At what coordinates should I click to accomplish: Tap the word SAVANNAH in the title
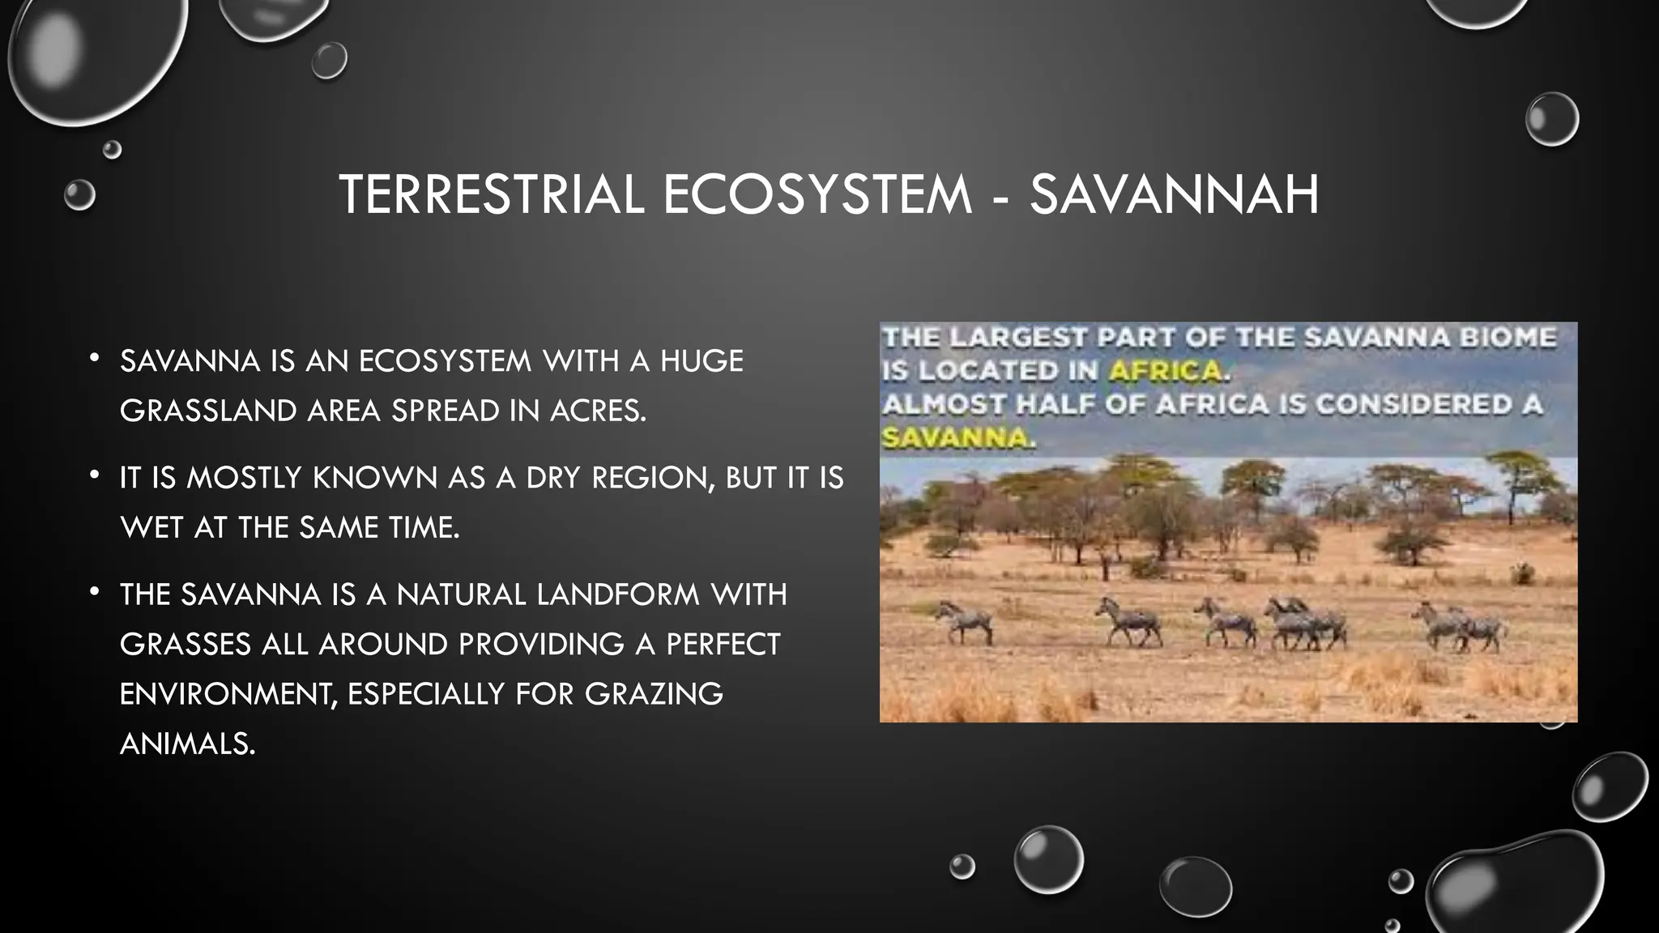tap(1174, 195)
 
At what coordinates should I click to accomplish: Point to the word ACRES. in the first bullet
tap(599, 411)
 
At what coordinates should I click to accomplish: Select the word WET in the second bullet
tap(151, 528)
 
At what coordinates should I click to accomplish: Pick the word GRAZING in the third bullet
tap(654, 694)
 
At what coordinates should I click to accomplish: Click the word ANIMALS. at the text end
tap(187, 743)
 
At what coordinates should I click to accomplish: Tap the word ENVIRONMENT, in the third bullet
tap(228, 694)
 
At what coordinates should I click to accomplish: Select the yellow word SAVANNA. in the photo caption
tap(958, 438)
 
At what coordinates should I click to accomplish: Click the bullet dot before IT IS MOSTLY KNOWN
tap(96, 474)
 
